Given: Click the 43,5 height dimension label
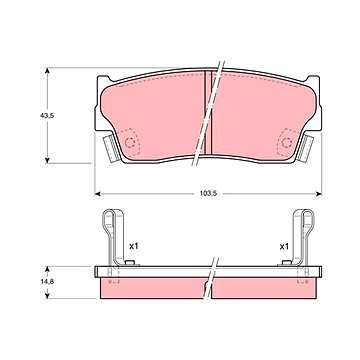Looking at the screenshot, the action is point(47,116).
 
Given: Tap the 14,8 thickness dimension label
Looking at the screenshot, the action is point(47,281).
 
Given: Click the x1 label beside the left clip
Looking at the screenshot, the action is point(133,246).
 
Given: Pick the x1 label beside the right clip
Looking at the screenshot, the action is point(284,247).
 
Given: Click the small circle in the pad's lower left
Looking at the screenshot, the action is point(129,143).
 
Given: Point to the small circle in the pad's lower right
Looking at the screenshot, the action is point(287,143).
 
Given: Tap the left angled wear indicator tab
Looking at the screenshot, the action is point(110,148).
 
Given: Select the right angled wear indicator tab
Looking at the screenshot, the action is point(306,148).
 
